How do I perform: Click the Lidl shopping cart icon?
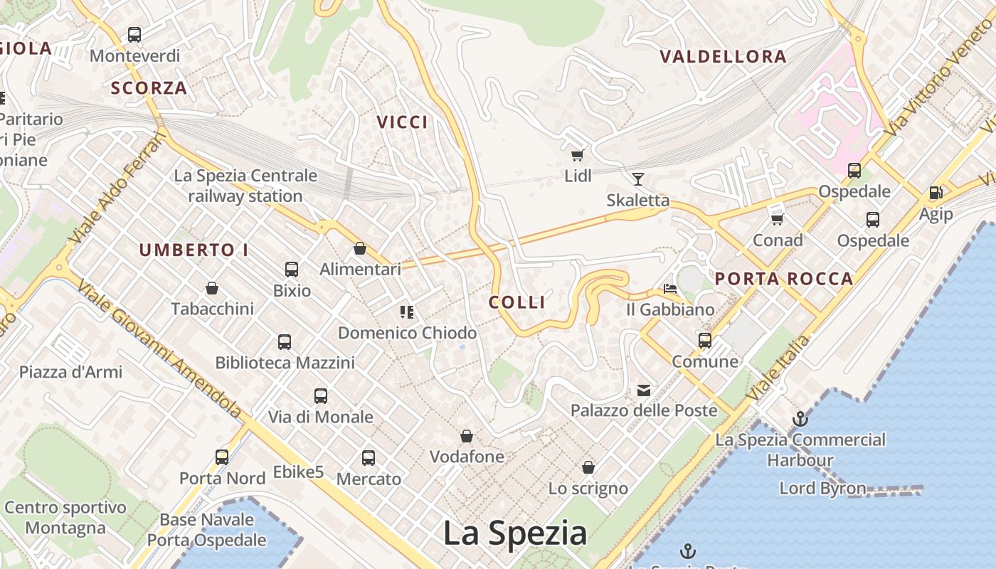pyautogui.click(x=577, y=155)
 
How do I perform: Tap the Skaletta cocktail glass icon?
pyautogui.click(x=637, y=179)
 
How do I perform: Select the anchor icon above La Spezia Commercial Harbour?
pyautogui.click(x=800, y=419)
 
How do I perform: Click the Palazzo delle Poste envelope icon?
pyautogui.click(x=644, y=390)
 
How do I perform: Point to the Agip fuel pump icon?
pyautogui.click(x=936, y=192)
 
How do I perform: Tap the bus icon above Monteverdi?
pyautogui.click(x=134, y=34)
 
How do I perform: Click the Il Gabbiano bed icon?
pyautogui.click(x=669, y=289)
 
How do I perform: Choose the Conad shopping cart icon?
pyautogui.click(x=778, y=219)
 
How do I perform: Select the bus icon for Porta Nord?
pyautogui.click(x=222, y=457)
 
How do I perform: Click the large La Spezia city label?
pyautogui.click(x=515, y=533)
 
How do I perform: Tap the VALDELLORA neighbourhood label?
pyautogui.click(x=723, y=57)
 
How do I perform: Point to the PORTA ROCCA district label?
pyautogui.click(x=784, y=279)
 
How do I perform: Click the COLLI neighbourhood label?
pyautogui.click(x=517, y=302)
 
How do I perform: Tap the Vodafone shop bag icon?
pyautogui.click(x=467, y=436)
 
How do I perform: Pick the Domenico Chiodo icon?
pyautogui.click(x=407, y=312)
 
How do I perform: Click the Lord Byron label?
pyautogui.click(x=822, y=489)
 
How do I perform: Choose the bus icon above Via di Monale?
pyautogui.click(x=321, y=396)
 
